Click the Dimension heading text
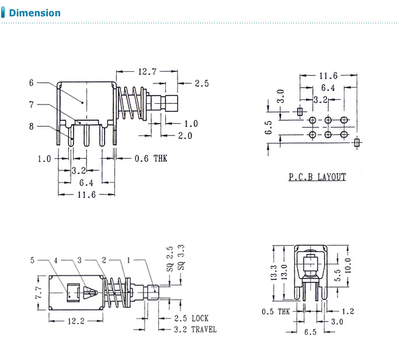[x=35, y=13]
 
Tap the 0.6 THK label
[x=151, y=158]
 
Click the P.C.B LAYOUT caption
[x=317, y=177]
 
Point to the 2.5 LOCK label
[x=191, y=319]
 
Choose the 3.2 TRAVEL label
[x=195, y=330]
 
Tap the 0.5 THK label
[x=275, y=312]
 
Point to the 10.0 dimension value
[x=349, y=268]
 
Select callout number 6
[x=32, y=83]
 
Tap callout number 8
[x=32, y=125]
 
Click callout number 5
[x=33, y=260]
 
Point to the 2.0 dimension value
[x=185, y=135]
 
